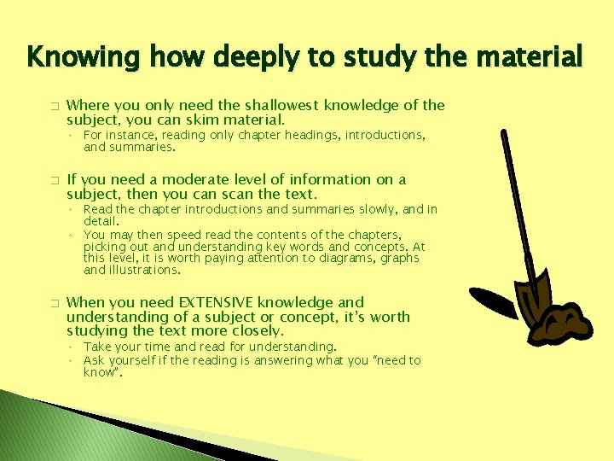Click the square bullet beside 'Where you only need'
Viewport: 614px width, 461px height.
[53, 106]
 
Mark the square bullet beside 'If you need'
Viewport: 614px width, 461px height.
[53, 180]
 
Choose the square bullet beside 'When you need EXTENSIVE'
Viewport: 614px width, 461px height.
[53, 303]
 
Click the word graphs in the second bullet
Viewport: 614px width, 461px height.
[401, 258]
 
